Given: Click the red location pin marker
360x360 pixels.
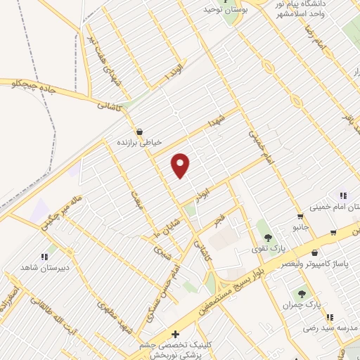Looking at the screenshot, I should click(181, 165).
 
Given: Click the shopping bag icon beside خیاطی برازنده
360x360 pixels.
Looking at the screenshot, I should click(139, 131).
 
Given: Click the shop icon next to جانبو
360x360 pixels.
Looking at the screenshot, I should click(300, 217).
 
